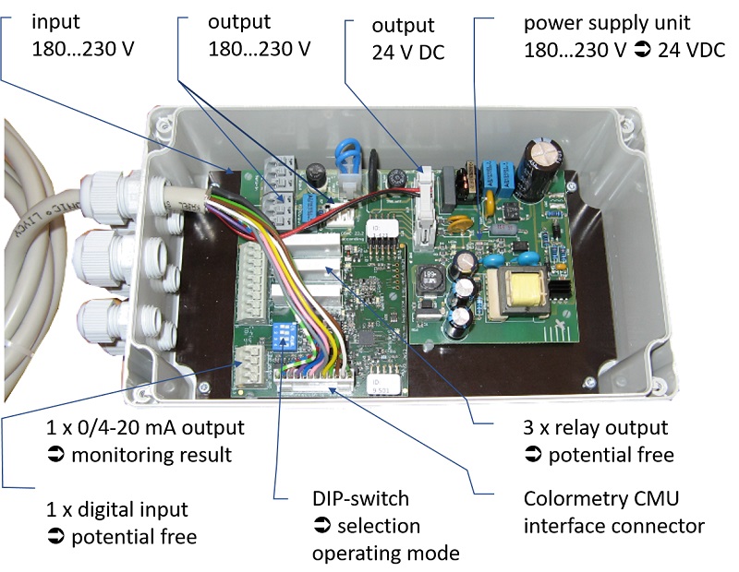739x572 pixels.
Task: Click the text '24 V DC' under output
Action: point(407,53)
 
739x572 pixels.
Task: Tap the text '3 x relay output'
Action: point(595,428)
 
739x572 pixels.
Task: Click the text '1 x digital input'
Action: point(117,509)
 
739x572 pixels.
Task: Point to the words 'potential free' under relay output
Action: point(611,455)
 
